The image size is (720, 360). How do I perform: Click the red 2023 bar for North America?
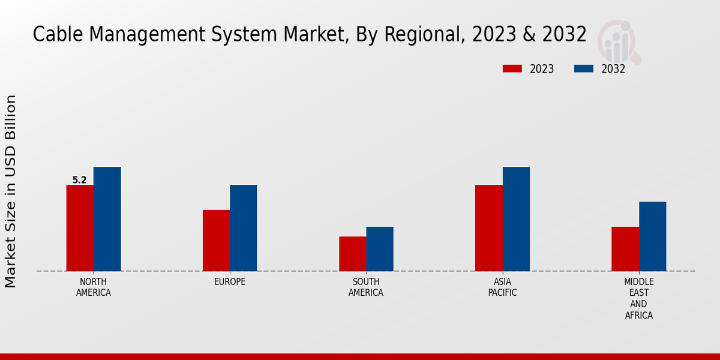pyautogui.click(x=80, y=228)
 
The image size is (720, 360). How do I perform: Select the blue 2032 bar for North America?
pyautogui.click(x=107, y=219)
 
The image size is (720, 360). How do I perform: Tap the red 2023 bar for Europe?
pyautogui.click(x=216, y=241)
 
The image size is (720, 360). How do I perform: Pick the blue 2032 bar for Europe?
pyautogui.click(x=244, y=228)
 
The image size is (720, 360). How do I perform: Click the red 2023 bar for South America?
pyautogui.click(x=352, y=254)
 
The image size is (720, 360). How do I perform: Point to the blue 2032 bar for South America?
pyautogui.click(x=380, y=249)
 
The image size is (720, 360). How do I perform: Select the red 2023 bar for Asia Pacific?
pyautogui.click(x=488, y=228)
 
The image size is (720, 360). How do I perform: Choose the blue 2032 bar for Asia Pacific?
pyautogui.click(x=516, y=219)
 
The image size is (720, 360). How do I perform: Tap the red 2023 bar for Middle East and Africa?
pyautogui.click(x=625, y=249)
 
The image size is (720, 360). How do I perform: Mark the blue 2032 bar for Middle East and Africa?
pyautogui.click(x=653, y=236)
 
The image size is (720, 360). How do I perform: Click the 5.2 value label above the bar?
pyautogui.click(x=79, y=180)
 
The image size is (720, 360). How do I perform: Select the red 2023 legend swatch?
pyautogui.click(x=512, y=68)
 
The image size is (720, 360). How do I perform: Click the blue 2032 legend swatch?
pyautogui.click(x=584, y=68)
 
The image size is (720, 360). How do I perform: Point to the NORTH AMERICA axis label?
pyautogui.click(x=94, y=287)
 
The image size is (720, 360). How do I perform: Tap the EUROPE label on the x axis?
pyautogui.click(x=230, y=282)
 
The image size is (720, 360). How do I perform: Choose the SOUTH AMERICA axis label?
pyautogui.click(x=366, y=287)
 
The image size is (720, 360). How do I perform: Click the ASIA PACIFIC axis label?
pyautogui.click(x=502, y=287)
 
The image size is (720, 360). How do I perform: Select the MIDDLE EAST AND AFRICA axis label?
pyautogui.click(x=639, y=298)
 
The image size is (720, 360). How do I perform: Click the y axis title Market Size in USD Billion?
pyautogui.click(x=11, y=191)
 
